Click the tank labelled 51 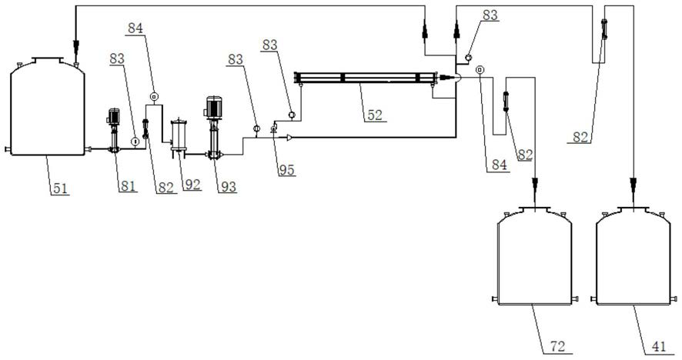48,106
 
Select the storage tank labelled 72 534,255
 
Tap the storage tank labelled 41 634,255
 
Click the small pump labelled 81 113,131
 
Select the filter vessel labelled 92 179,135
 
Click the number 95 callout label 286,170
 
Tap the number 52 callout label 375,115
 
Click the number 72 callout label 557,346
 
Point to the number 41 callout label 658,346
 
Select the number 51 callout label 61,188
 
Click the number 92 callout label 192,185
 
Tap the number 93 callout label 229,186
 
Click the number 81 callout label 128,186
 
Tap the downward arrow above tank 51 76,44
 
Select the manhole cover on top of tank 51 48,59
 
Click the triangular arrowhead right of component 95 289,138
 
